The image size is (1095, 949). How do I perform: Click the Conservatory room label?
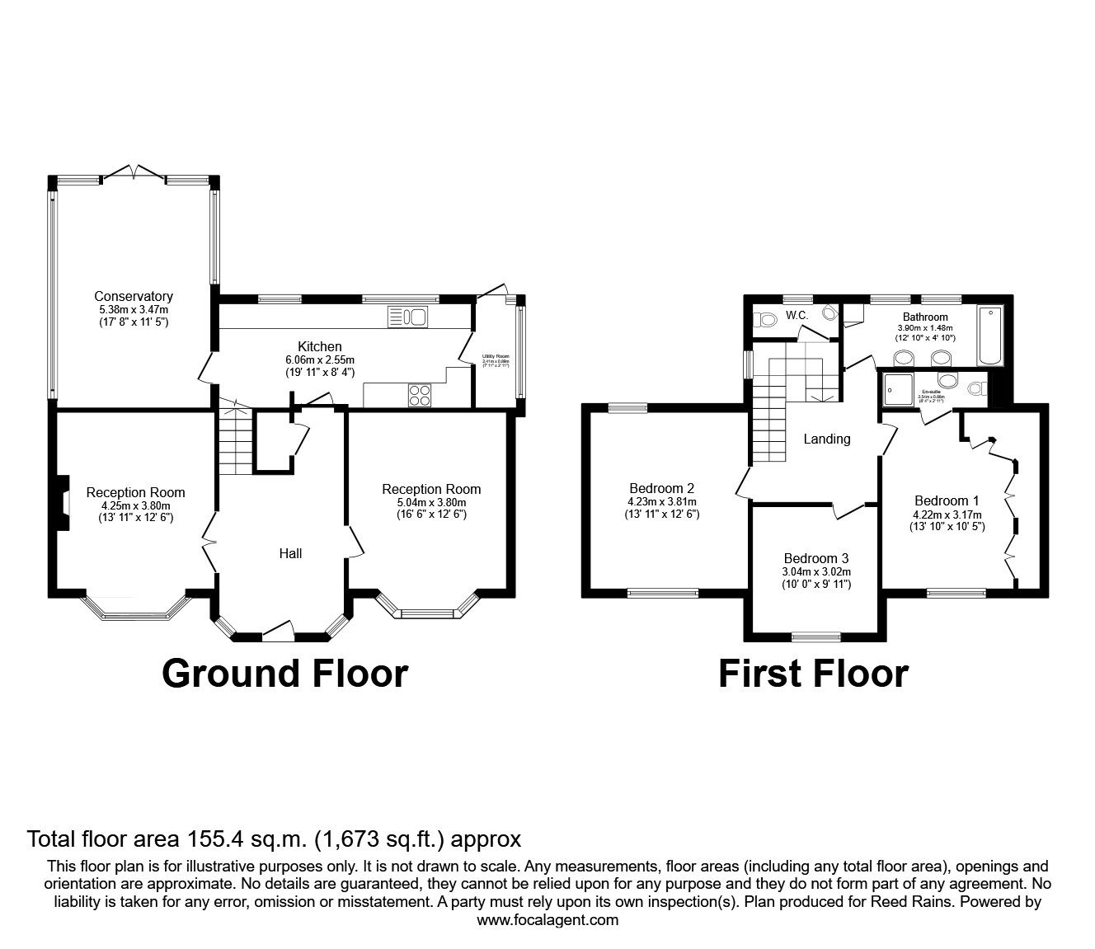tap(133, 296)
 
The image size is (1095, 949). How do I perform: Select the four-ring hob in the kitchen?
tap(419, 395)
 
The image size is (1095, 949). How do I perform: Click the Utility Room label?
tap(496, 356)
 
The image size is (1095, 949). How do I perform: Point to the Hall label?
tap(290, 554)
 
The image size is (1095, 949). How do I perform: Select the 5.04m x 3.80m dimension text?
tap(430, 502)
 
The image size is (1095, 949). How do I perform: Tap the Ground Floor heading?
tap(284, 673)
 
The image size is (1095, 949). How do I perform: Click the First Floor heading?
tap(813, 673)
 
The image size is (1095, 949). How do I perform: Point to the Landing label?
tap(826, 439)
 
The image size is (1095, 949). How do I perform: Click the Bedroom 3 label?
tap(816, 557)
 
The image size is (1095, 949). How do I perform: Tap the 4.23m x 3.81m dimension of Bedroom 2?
tap(662, 501)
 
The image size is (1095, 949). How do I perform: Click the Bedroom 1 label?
tap(947, 500)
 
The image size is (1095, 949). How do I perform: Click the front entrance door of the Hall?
tap(279, 632)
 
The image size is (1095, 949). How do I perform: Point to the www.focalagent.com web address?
tap(547, 920)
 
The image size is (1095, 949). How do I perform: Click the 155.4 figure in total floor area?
tap(245, 839)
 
